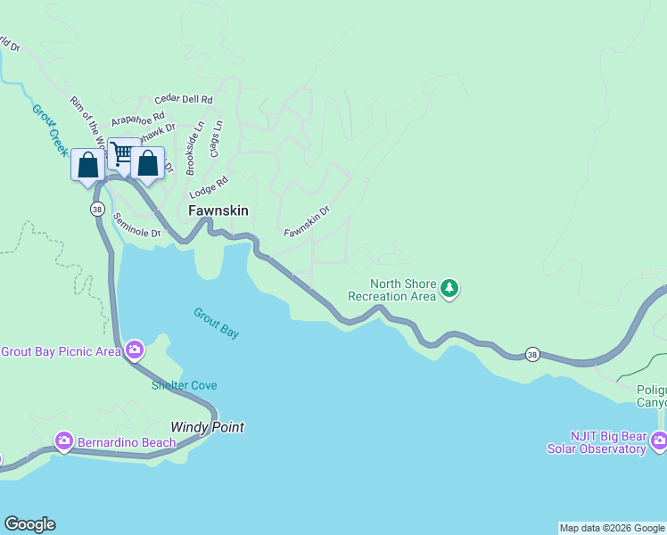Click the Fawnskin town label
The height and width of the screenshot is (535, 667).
(x=218, y=211)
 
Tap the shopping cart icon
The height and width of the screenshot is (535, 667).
(x=123, y=155)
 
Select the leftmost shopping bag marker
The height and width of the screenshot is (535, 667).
(x=87, y=166)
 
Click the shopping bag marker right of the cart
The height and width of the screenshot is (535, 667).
(x=148, y=164)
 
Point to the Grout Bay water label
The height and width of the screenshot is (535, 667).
(x=217, y=323)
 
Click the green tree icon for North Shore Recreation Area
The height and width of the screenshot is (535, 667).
(x=451, y=288)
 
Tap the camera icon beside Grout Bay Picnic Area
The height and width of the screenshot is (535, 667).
(x=135, y=350)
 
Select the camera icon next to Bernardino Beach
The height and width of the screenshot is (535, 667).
(x=63, y=440)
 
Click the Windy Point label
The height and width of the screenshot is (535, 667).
(x=207, y=427)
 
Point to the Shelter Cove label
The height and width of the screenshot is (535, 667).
(x=184, y=385)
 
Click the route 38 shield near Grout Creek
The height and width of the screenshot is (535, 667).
(x=96, y=209)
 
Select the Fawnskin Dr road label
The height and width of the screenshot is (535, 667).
(x=307, y=221)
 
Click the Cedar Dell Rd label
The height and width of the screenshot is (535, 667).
(x=183, y=100)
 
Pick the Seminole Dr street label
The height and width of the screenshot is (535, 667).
(x=137, y=233)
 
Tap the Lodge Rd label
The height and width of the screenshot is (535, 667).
(x=209, y=187)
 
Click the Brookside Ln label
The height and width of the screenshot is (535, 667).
(x=194, y=148)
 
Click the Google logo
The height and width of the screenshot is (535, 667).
(x=29, y=524)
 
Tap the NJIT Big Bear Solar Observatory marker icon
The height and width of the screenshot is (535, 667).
(x=658, y=440)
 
